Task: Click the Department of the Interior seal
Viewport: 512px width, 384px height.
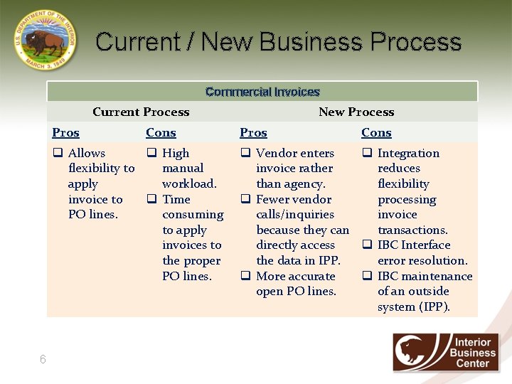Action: (x=45, y=41)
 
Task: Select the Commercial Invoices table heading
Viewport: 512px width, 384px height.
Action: (x=262, y=92)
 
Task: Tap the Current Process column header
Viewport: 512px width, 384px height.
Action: (x=141, y=112)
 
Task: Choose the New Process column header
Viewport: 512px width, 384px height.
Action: (x=356, y=112)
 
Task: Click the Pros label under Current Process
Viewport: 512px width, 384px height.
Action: (x=66, y=132)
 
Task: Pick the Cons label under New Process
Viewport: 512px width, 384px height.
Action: (x=376, y=132)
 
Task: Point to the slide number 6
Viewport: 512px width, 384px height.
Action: (x=43, y=360)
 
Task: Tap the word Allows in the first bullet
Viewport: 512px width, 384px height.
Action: (x=87, y=153)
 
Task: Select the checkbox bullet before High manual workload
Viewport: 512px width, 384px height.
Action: (x=151, y=153)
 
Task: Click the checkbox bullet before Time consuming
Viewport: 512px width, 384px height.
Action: (x=151, y=199)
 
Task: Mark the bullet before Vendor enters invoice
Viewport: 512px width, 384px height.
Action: (x=245, y=153)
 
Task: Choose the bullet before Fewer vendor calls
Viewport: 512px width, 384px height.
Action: (x=245, y=199)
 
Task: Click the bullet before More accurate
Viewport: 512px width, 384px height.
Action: (x=245, y=276)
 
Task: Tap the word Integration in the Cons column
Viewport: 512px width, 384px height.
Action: (x=408, y=153)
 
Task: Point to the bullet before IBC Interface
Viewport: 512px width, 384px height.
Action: (x=368, y=245)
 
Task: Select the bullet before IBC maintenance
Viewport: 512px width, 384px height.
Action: (x=368, y=276)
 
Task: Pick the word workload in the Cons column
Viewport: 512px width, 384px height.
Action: (x=189, y=183)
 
